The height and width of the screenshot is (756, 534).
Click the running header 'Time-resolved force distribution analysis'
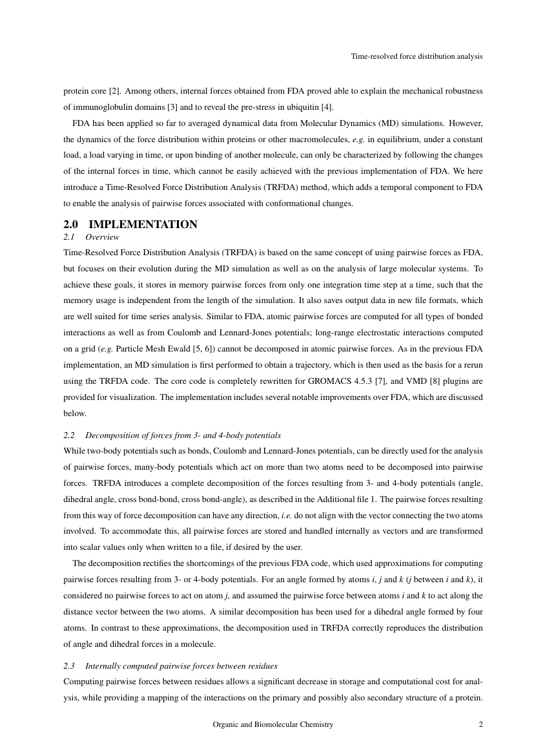416,57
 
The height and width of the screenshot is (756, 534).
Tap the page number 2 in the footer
480,725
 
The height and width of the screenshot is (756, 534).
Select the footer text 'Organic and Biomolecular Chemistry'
273,725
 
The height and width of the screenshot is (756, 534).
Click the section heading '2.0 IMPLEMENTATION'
130,225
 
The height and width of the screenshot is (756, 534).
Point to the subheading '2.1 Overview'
91,238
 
